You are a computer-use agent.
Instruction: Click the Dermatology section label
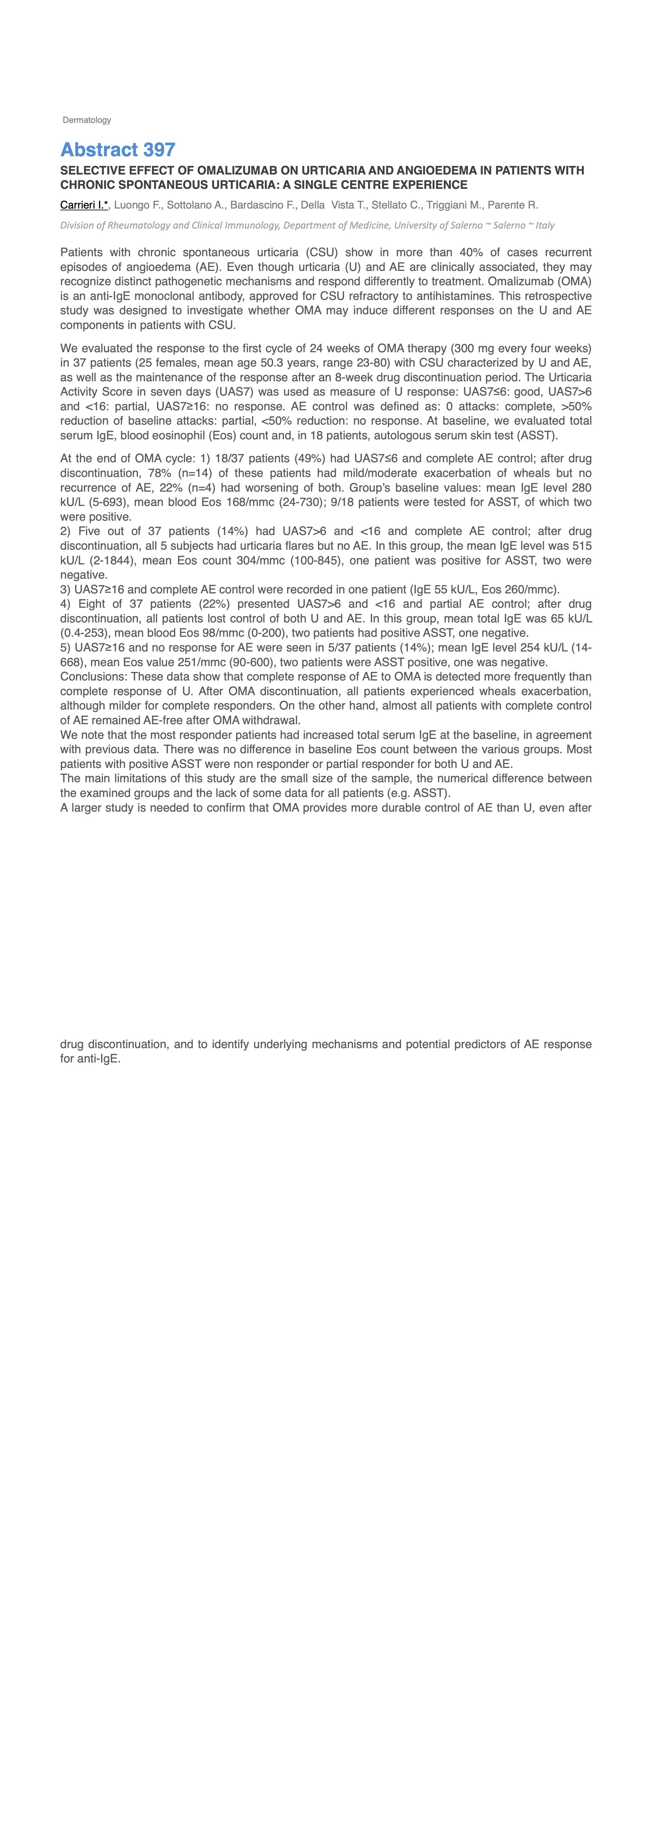pos(87,120)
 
